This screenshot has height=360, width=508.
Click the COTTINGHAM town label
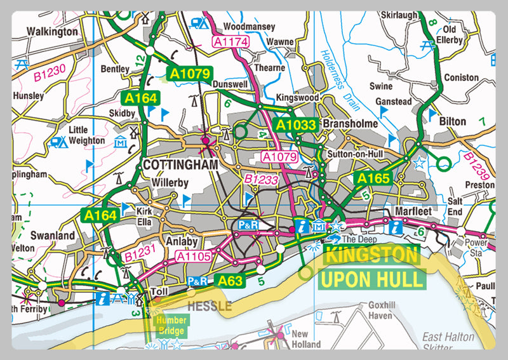tap(180, 164)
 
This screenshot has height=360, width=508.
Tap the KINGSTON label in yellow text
tap(372, 257)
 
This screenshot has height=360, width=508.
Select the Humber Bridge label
tap(172, 326)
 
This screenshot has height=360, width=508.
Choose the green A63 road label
tap(231, 280)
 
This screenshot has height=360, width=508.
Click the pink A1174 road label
tap(230, 41)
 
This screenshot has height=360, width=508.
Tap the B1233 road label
tap(261, 180)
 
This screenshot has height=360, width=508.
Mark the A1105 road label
tap(192, 256)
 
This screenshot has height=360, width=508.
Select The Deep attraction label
tap(359, 239)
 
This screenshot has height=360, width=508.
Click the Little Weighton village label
tap(86, 135)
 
